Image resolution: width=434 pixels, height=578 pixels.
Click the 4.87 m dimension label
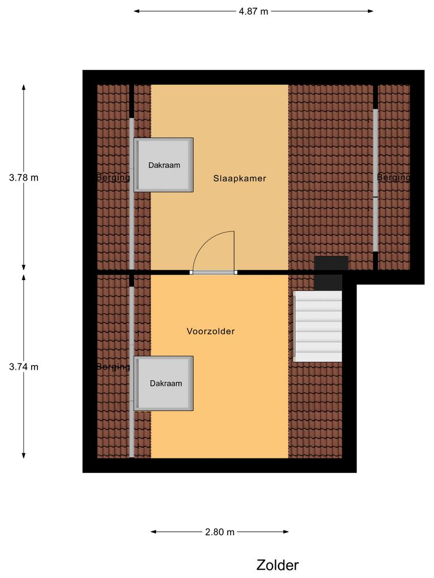click(x=253, y=11)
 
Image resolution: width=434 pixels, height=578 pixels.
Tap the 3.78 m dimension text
click(x=24, y=177)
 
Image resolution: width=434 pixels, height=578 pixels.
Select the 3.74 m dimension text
click(x=24, y=366)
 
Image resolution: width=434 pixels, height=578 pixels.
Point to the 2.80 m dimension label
click(x=220, y=532)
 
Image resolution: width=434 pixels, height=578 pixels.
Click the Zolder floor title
click(x=277, y=565)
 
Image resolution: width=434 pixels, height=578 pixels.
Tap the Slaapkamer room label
click(x=240, y=178)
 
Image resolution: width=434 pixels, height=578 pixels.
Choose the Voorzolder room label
click(x=211, y=331)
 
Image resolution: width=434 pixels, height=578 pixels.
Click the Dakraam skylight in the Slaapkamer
click(x=164, y=165)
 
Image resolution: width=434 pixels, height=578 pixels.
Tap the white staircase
click(x=318, y=326)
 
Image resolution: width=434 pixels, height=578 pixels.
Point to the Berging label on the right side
click(x=394, y=177)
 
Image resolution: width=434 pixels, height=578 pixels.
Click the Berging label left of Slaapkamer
click(x=114, y=177)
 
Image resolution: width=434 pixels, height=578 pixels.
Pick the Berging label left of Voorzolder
click(x=114, y=366)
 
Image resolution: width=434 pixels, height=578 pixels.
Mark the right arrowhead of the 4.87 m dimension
click(x=371, y=11)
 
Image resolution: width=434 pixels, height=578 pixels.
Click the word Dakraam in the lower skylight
click(x=166, y=383)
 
